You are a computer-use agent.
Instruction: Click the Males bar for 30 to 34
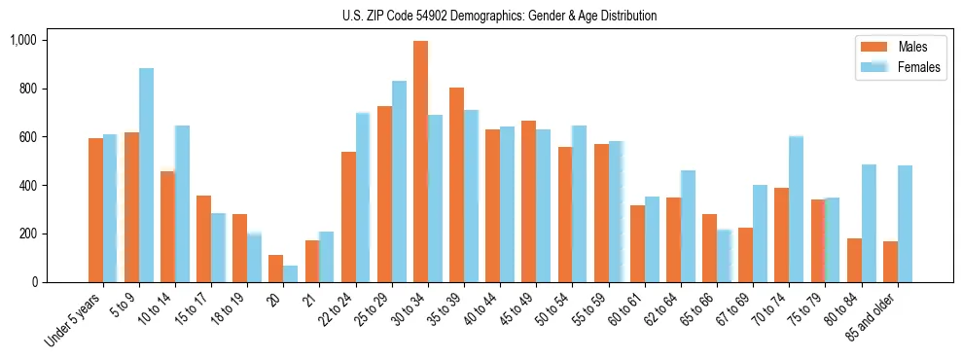[420, 162]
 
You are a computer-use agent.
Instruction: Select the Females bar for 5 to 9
[146, 175]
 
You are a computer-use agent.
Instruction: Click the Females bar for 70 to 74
[796, 209]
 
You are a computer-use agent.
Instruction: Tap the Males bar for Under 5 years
[95, 210]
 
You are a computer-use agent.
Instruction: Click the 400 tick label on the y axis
[27, 185]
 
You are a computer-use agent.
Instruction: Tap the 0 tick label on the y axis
[33, 282]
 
